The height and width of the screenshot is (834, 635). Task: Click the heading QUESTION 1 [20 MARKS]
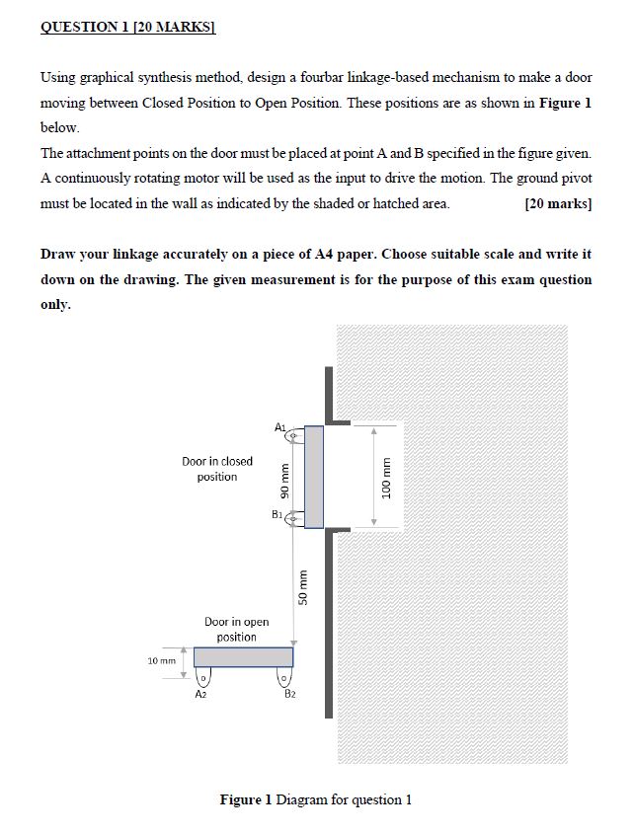127,28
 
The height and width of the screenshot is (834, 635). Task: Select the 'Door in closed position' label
217,469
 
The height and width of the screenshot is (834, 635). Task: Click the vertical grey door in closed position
313,476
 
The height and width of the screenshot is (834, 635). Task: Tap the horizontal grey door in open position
243,656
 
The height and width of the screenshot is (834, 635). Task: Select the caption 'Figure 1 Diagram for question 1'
315,799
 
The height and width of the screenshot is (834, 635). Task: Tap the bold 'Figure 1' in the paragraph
565,102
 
